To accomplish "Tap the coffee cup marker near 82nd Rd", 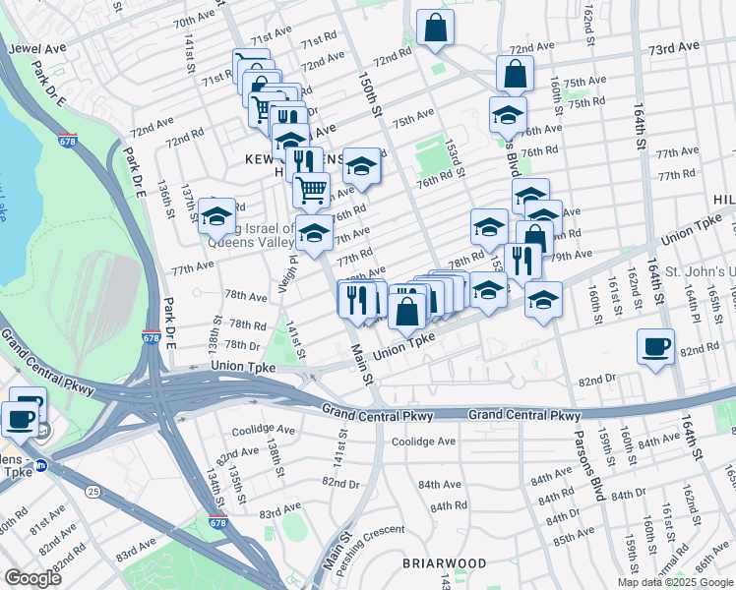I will pyautogui.click(x=655, y=347).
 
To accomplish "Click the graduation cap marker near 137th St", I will pyautogui.click(x=216, y=216).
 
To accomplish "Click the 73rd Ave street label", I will pyautogui.click(x=673, y=46).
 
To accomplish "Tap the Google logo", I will pyautogui.click(x=32, y=578).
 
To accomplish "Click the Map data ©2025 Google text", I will pyautogui.click(x=675, y=582).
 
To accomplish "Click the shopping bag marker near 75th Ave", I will pyautogui.click(x=515, y=73).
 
